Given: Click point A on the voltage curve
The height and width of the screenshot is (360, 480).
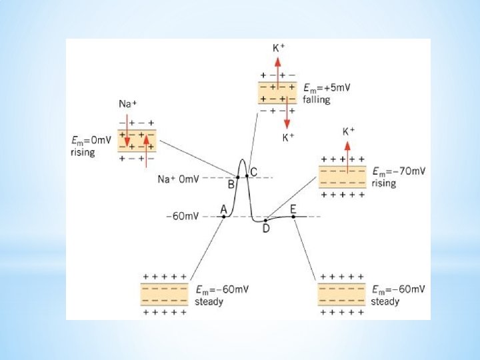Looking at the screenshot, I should [224, 217].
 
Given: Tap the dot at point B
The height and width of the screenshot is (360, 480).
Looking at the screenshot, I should [237, 177].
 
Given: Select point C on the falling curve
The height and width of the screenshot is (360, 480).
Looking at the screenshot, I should [247, 176].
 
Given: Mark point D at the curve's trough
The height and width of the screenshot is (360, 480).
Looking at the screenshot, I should [266, 220].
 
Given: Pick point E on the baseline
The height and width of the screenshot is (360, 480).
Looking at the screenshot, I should [293, 217].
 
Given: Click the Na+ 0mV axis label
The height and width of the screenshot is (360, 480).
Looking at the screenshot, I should [177, 179].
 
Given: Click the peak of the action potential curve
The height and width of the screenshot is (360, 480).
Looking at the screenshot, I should [242, 160].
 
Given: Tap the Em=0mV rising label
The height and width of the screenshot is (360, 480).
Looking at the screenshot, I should [89, 146].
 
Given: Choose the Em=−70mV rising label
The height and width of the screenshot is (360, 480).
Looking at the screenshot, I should [398, 177].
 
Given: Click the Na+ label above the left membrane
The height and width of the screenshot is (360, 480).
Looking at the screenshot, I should [127, 103].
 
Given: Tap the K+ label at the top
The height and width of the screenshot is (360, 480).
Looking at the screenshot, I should [279, 48].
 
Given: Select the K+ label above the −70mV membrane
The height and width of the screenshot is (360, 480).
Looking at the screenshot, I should [348, 131].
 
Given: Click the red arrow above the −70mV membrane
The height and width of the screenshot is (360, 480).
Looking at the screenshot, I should [348, 150].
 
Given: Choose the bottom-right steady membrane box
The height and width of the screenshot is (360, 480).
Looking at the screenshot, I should [341, 294].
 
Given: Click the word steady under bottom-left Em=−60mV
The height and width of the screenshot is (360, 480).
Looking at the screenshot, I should [209, 301].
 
